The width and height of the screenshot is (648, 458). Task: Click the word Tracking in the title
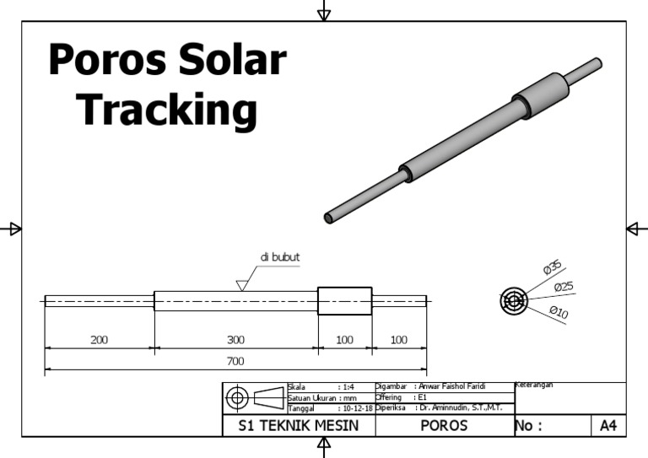coord(167,110)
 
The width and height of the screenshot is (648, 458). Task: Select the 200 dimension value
coord(99,340)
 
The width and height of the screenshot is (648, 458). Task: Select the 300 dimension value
coord(235,340)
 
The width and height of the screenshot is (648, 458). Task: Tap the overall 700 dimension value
coord(235,361)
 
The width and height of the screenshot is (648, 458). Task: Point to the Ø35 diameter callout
coord(552,267)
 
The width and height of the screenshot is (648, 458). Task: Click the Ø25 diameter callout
coord(563,287)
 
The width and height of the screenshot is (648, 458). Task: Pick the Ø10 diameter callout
coord(558,313)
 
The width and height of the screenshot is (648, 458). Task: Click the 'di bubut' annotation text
coord(279,257)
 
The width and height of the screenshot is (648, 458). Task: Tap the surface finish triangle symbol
coord(242,285)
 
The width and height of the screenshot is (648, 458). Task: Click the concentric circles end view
coord(513,299)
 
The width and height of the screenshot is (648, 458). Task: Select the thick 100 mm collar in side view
coord(344,300)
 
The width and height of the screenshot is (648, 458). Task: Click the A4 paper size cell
coord(607,426)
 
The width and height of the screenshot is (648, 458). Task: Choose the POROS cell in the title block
coord(443,426)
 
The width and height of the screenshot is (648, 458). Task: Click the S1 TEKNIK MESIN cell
coord(298,426)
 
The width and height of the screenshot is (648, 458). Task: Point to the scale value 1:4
coord(346,387)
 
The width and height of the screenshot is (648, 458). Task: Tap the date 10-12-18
coord(354,408)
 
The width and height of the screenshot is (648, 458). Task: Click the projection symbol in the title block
coord(255,397)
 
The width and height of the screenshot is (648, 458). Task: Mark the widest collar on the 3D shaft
coord(541,90)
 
